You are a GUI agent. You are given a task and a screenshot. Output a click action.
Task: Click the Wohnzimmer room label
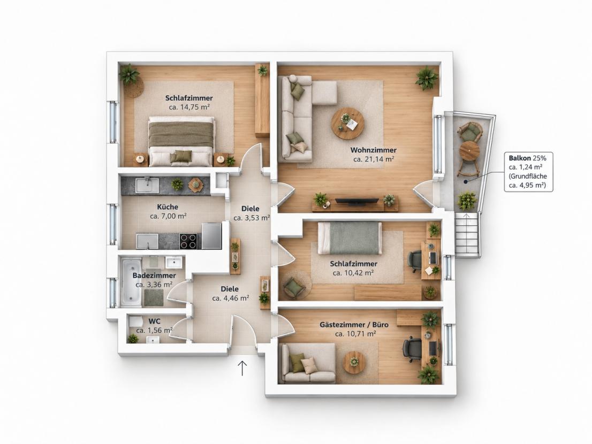coord(373,150)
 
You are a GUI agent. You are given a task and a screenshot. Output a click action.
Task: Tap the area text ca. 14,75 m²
coord(189,107)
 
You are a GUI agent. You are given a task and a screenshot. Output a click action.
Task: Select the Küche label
coord(168,207)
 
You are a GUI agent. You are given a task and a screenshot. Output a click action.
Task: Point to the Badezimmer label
coord(154,275)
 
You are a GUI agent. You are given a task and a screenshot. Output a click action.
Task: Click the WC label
coord(154,321)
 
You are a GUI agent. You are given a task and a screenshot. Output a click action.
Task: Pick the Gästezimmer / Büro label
coord(354,324)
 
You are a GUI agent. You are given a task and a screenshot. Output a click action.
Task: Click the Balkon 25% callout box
coord(529,172)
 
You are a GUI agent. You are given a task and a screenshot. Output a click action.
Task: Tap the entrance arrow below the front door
coord(242,368)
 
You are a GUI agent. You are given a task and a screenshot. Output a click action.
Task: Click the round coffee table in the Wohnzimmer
coord(348,124)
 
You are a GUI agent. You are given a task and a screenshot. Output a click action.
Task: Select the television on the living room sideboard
coord(357,202)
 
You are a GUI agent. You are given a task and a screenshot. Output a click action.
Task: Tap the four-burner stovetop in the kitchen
coord(188,241)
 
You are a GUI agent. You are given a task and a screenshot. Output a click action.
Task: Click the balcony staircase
coord(468,235)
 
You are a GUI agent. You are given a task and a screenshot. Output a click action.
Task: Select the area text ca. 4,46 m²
coord(230,298)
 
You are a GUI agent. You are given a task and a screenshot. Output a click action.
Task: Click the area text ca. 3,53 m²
coord(252,218)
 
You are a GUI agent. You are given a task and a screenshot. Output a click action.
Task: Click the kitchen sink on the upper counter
coord(147,186)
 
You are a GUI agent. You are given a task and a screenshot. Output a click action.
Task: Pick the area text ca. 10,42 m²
coord(353,273)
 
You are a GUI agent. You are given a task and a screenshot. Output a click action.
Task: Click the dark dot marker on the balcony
coord(466,181)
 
